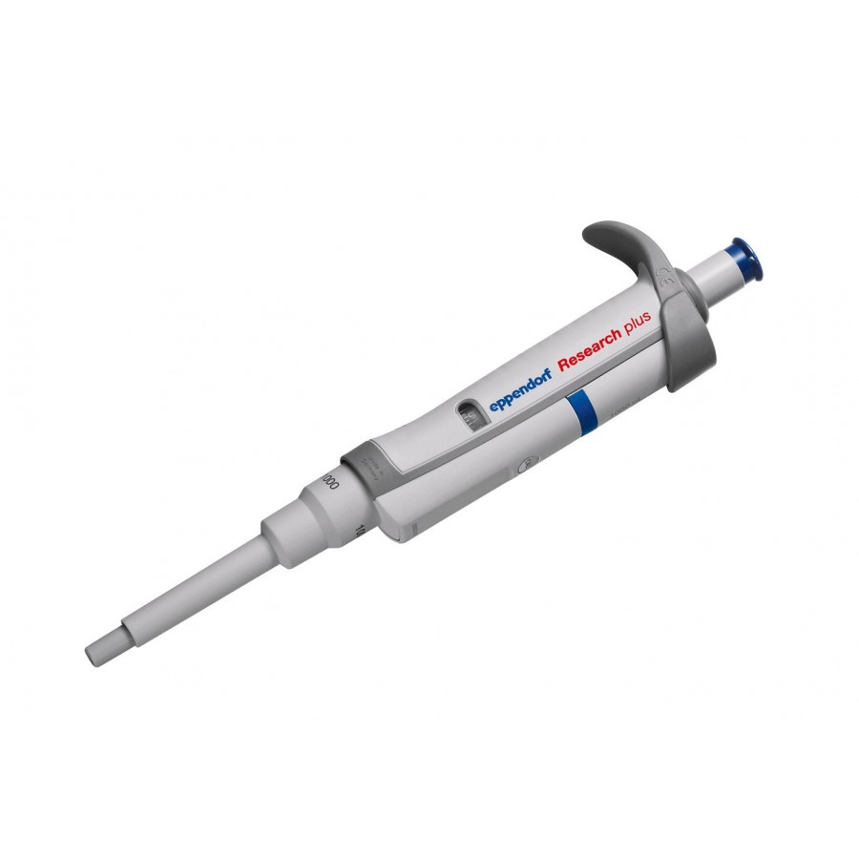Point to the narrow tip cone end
tap(99, 652)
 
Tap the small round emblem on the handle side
tap(522, 468)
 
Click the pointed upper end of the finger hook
tap(590, 234)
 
